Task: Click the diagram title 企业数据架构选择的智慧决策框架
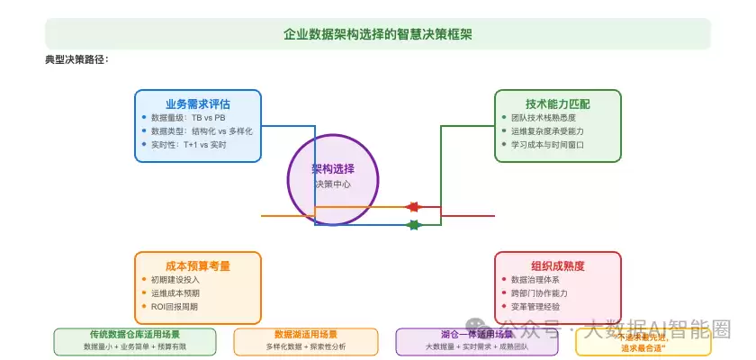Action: [378, 34]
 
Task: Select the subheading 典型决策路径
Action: [76, 59]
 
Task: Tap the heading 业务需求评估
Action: [198, 103]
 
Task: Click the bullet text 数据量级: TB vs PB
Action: [188, 118]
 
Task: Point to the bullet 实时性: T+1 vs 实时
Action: [188, 144]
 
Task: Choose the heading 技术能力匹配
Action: [558, 103]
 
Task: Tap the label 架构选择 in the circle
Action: [333, 169]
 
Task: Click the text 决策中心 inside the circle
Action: [333, 184]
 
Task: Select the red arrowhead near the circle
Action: [413, 207]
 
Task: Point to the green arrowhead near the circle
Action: [413, 225]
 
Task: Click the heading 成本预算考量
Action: [198, 265]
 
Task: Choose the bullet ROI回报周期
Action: [175, 306]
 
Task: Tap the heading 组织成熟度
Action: [558, 265]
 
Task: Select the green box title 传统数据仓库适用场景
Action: [135, 335]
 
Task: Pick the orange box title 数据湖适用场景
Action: [306, 335]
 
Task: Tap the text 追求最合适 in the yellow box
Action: [643, 347]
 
